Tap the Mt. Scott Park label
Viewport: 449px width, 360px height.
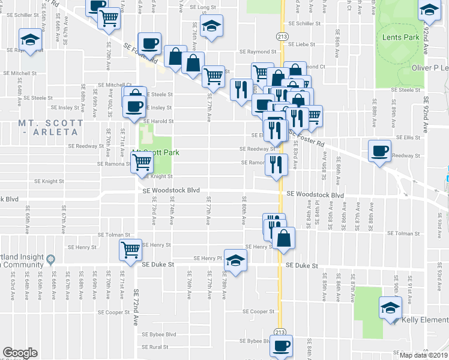pyautogui.click(x=156, y=152)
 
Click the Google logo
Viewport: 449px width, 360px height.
pyautogui.click(x=20, y=353)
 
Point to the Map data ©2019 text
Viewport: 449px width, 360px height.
pyautogui.click(x=423, y=355)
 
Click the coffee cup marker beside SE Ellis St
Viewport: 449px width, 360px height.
pyautogui.click(x=379, y=151)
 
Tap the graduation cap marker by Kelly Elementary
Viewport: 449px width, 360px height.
pyautogui.click(x=391, y=308)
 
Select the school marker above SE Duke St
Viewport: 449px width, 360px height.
pyautogui.click(x=236, y=260)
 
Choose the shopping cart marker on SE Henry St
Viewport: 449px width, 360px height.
pyautogui.click(x=131, y=250)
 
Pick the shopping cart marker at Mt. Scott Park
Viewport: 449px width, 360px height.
pyautogui.click(x=142, y=161)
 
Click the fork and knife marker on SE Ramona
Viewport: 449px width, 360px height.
pyautogui.click(x=275, y=164)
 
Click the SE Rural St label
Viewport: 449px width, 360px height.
pyautogui.click(x=155, y=347)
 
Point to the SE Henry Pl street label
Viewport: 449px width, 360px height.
pyautogui.click(x=208, y=258)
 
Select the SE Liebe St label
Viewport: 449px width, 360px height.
pyautogui.click(x=302, y=44)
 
